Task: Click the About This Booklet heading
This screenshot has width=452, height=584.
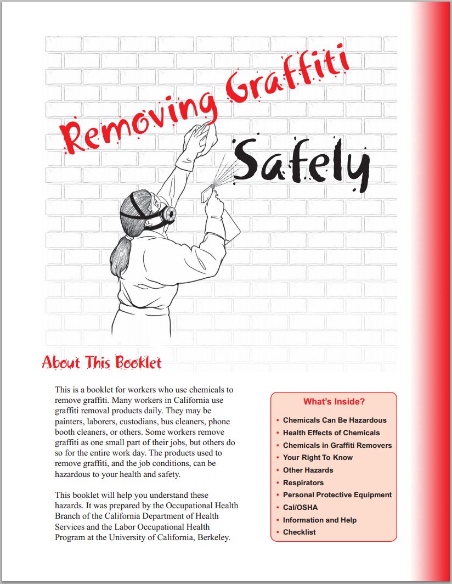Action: pos(102,363)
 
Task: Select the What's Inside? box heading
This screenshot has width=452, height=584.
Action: pos(334,402)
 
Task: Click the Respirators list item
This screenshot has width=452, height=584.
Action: pos(303,482)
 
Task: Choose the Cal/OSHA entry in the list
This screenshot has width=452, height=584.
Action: pos(300,507)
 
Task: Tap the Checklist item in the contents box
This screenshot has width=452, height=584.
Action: pos(300,532)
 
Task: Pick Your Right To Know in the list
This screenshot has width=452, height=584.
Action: pos(318,457)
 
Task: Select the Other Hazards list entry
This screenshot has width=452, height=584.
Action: pos(308,470)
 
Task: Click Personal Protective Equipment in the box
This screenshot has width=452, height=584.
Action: pos(337,495)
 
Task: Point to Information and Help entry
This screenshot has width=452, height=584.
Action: pos(320,520)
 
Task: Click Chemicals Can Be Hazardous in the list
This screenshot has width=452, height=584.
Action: pos(335,420)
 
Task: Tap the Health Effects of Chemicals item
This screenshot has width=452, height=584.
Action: pos(331,433)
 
